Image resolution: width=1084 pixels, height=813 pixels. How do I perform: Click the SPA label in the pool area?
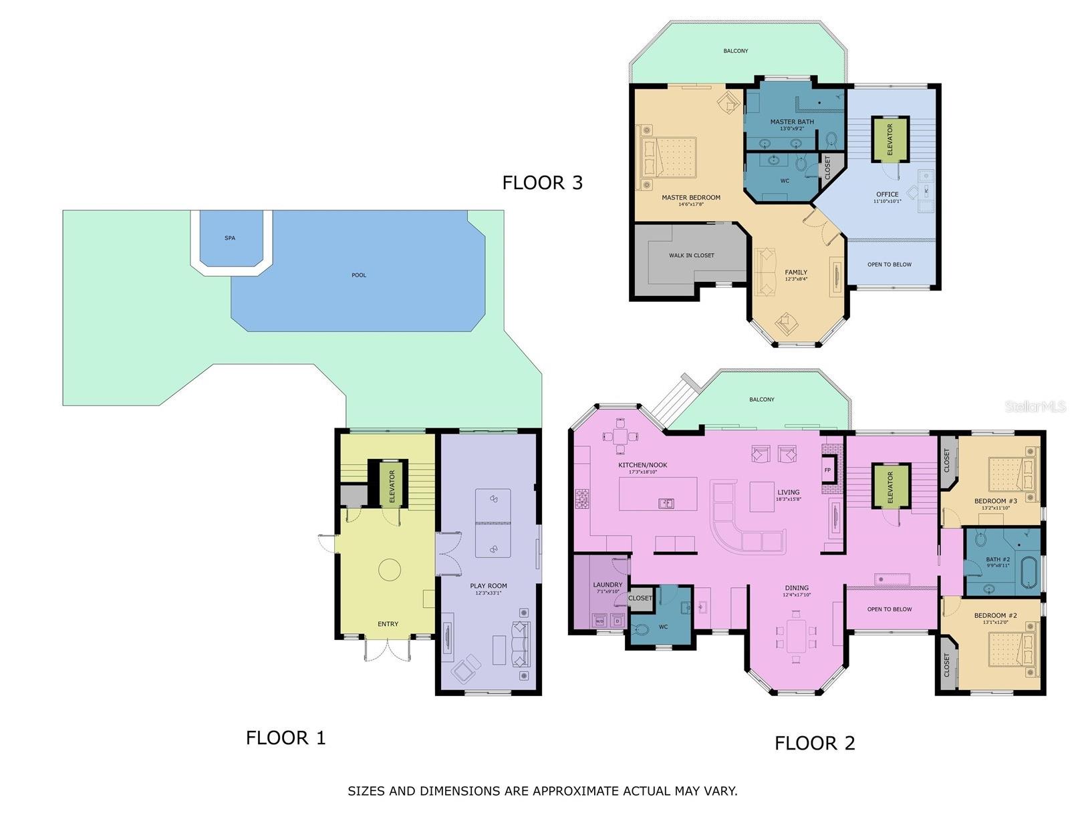coord(230,238)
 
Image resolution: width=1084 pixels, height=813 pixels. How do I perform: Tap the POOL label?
coord(359,275)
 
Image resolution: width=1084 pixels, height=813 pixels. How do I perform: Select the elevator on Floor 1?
coord(391,486)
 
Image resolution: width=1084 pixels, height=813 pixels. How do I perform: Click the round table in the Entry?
coord(390,570)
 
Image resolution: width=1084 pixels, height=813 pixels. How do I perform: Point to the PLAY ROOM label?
coord(489,586)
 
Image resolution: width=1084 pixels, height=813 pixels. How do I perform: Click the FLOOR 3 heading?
coord(542,182)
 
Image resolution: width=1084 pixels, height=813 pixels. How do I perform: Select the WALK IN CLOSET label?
coord(692,255)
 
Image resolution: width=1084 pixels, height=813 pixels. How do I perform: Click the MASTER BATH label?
coord(792,122)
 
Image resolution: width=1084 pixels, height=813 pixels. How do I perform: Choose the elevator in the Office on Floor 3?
coord(890,139)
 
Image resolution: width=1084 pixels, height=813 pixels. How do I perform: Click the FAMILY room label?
coord(796,273)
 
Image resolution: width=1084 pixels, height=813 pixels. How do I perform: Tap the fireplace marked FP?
coord(827,470)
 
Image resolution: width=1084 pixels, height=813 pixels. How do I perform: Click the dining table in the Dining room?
coord(796,636)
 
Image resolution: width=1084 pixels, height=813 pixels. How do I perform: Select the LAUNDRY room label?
coord(607,585)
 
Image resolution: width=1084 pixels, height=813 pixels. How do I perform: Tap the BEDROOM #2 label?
coord(995,615)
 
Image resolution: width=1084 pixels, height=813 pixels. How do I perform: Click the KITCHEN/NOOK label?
coord(642,465)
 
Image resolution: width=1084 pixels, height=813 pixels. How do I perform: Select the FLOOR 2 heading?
coord(815,743)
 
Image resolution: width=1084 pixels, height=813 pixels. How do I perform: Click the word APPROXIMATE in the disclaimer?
coord(577,791)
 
